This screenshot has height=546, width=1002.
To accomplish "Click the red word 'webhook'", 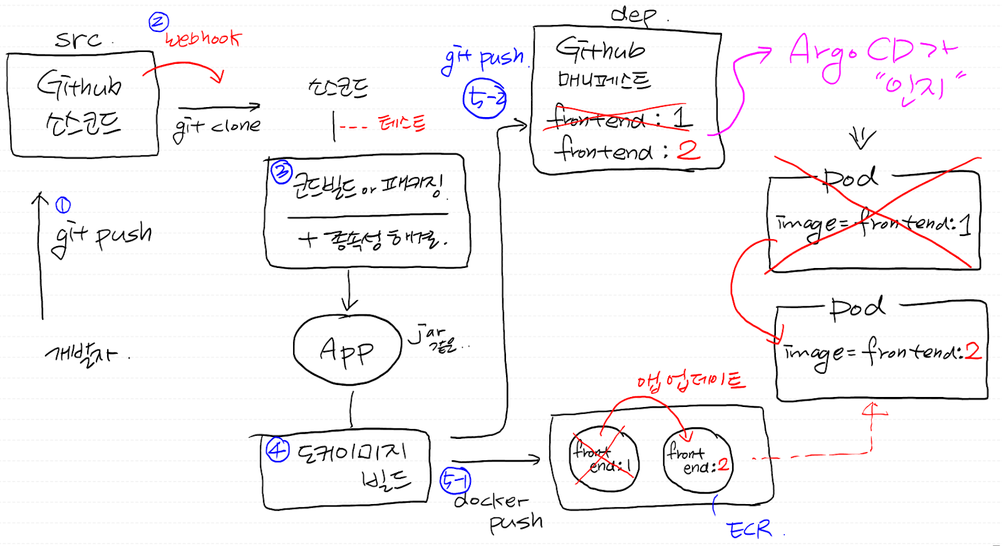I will click(202, 39).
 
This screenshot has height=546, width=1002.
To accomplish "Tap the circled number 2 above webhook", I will click(158, 23).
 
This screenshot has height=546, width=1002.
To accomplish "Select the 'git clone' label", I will click(217, 127).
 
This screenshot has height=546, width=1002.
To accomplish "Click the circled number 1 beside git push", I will click(63, 205).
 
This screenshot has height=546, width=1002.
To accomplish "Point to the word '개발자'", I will click(82, 354).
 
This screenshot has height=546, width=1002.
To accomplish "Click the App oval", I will click(347, 350).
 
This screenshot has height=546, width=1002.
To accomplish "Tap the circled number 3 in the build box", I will click(281, 172).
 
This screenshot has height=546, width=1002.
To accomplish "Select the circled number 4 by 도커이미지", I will click(278, 450).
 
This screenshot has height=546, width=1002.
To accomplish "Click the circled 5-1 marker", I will click(455, 481).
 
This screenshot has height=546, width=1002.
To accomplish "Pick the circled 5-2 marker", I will click(484, 99).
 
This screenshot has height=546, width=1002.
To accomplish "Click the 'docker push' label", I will click(498, 511).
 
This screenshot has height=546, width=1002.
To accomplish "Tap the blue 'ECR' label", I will click(750, 530).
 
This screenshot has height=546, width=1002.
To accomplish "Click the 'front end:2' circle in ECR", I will click(697, 460).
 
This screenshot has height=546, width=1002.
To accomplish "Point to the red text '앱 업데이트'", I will click(691, 381).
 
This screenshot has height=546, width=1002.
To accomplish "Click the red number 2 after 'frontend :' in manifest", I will click(688, 150).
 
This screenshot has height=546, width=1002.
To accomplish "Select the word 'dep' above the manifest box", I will click(634, 14).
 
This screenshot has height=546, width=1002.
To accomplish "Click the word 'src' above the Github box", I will click(78, 40).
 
